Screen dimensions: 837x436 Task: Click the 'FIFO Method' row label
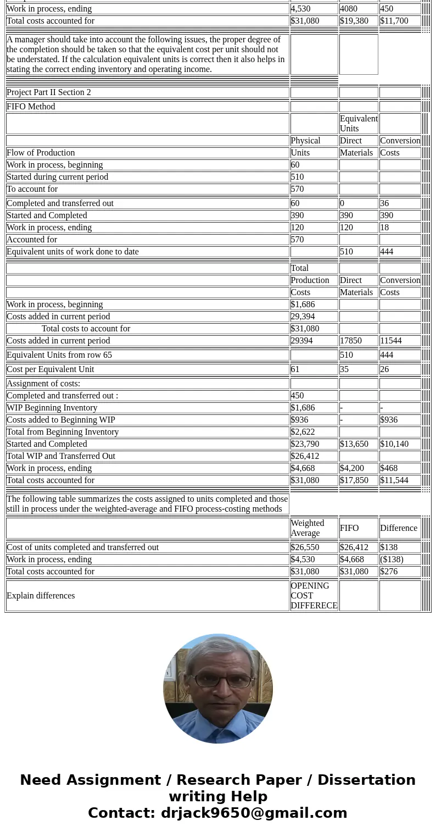[x=31, y=107]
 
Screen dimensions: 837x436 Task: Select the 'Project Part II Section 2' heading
[x=49, y=92]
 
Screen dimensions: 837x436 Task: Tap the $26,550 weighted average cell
[x=305, y=547]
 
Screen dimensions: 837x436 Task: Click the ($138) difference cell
[x=392, y=559]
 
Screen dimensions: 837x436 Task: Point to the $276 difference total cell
[x=389, y=572]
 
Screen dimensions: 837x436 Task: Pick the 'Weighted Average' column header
[x=308, y=528]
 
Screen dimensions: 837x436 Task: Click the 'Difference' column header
[x=399, y=528]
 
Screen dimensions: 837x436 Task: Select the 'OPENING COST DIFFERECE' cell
[x=314, y=596]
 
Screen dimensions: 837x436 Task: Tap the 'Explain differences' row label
[x=41, y=596]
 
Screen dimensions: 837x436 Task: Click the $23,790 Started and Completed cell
[x=305, y=444]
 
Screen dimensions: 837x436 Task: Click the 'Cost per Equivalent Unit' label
[x=51, y=369]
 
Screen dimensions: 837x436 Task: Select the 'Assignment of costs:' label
[x=43, y=384]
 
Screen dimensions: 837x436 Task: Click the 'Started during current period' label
[x=58, y=177]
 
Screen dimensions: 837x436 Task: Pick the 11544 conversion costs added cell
[x=391, y=341]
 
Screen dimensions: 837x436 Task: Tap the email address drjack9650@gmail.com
[x=254, y=813]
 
